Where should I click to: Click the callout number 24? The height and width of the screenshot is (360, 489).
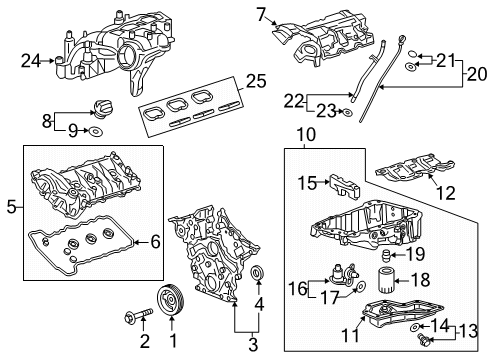pyautogui.click(x=31, y=60)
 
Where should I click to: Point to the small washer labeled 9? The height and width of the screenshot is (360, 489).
pyautogui.click(x=94, y=130)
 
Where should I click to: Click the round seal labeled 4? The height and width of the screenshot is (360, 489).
pyautogui.click(x=258, y=275)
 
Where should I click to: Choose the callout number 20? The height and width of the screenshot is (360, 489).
pyautogui.click(x=479, y=73)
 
